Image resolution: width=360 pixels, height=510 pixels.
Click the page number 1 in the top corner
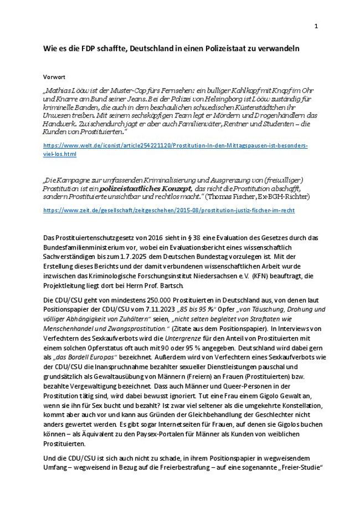[316, 26]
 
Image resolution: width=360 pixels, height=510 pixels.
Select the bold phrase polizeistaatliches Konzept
[138, 189]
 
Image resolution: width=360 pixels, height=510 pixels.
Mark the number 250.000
[134, 300]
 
